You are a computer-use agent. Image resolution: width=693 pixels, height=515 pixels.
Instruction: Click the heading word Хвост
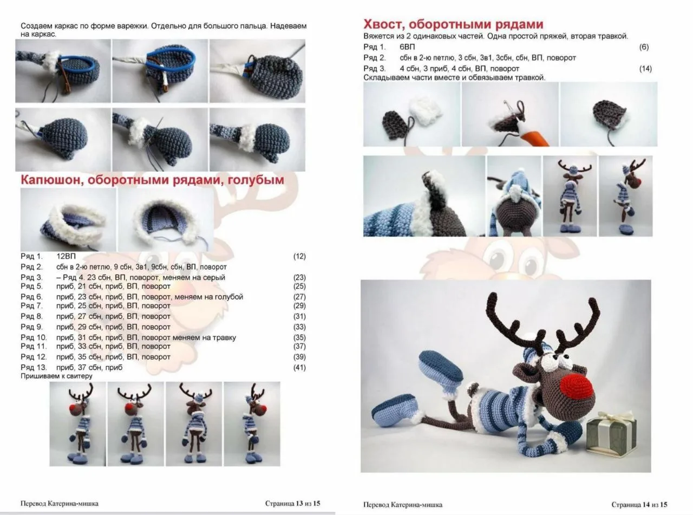click(x=384, y=24)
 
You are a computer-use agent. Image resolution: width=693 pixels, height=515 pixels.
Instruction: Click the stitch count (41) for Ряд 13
click(x=299, y=368)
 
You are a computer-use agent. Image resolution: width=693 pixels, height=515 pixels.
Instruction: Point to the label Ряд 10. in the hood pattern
click(x=34, y=337)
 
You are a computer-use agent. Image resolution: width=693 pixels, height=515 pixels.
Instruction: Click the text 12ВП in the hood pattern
click(x=66, y=256)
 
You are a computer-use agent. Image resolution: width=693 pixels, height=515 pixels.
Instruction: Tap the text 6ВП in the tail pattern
click(x=408, y=47)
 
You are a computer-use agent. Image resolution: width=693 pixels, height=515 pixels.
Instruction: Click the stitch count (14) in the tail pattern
click(x=645, y=68)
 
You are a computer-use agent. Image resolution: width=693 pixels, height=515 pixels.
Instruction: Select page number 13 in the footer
click(x=299, y=504)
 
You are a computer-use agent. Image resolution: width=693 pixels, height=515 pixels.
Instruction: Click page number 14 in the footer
click(x=646, y=505)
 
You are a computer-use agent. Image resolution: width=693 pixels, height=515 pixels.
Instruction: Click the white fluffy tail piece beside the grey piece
click(x=426, y=111)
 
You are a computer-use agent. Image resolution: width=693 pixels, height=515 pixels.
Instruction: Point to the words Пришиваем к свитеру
click(x=56, y=376)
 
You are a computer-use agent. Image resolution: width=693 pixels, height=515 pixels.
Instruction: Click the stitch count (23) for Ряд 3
click(x=299, y=277)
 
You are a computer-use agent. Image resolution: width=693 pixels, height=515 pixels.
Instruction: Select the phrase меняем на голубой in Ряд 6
click(x=209, y=297)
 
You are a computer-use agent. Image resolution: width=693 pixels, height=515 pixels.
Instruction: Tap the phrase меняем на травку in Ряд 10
click(x=204, y=337)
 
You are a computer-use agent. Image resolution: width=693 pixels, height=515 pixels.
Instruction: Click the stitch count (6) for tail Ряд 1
click(x=644, y=47)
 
